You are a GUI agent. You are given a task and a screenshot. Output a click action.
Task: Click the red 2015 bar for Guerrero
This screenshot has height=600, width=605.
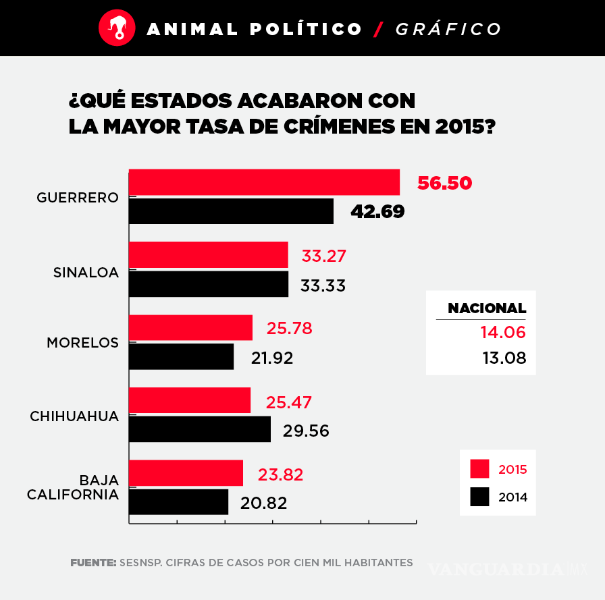[264, 182]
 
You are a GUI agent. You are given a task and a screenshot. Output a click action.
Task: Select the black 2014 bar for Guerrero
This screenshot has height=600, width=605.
[231, 211]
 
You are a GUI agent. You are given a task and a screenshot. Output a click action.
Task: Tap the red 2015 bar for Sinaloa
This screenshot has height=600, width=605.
[208, 255]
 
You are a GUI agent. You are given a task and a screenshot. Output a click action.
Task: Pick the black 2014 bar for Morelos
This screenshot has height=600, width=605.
[181, 356]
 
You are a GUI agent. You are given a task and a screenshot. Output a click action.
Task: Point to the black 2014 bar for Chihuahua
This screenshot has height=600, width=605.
[199, 429]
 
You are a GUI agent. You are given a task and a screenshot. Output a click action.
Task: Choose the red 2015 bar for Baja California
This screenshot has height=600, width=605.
[186, 473]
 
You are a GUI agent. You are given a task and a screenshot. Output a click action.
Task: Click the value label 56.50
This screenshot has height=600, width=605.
[444, 184]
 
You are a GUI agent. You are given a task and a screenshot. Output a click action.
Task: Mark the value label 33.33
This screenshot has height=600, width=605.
[323, 285]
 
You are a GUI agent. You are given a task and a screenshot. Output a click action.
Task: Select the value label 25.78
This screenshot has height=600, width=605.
[289, 329]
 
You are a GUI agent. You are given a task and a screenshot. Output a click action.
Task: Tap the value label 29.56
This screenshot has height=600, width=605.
[306, 431]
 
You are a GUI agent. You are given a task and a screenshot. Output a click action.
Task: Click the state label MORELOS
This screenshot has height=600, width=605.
[82, 343]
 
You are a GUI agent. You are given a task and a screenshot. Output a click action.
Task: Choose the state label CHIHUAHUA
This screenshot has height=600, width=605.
[74, 416]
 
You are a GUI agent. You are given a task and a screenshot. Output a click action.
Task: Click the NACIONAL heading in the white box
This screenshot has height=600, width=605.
[486, 308]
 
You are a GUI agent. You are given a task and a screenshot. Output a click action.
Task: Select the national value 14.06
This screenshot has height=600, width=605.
[502, 332]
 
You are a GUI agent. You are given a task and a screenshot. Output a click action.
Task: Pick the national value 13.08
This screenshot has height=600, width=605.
[504, 358]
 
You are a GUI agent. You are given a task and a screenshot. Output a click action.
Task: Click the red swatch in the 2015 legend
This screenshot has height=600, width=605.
[479, 469]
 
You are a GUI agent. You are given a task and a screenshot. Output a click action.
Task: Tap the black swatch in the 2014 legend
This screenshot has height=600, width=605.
[479, 497]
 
